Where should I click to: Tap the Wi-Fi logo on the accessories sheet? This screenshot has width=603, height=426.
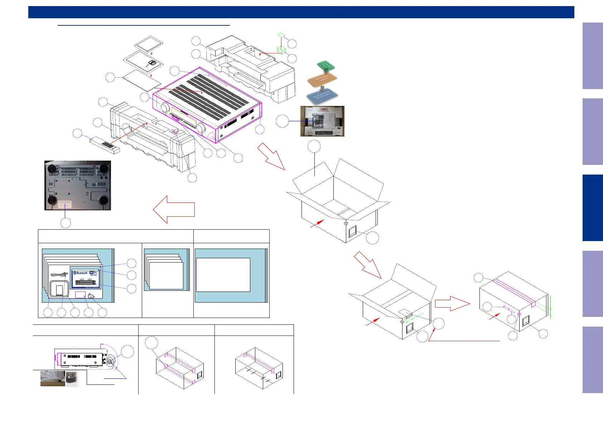click(x=93, y=273)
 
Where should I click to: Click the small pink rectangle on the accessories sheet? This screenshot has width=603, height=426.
click(x=80, y=295)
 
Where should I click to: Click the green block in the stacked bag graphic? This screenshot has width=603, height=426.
click(x=325, y=66)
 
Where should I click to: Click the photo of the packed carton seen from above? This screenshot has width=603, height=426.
click(x=322, y=121)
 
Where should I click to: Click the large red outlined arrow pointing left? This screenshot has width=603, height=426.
click(x=174, y=210)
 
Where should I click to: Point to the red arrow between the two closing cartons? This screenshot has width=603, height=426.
click(x=452, y=304)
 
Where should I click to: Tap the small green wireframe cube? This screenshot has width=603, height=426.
click(x=281, y=50)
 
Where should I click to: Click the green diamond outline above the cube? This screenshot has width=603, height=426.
click(x=281, y=35)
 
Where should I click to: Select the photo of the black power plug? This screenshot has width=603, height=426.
click(x=72, y=379)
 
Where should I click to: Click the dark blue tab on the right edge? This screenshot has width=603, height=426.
click(x=593, y=208)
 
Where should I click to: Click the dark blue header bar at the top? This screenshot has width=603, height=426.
click(x=301, y=12)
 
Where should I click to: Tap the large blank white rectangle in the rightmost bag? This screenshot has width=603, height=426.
click(x=223, y=275)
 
